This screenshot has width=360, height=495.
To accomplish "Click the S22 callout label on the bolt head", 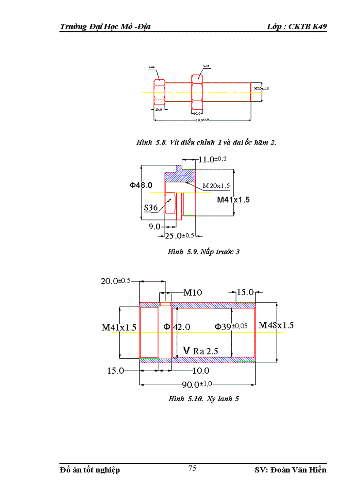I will (x=151, y=67).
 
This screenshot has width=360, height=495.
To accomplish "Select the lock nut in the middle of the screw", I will (x=197, y=92).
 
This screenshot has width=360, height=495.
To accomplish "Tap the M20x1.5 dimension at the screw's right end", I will (x=261, y=88).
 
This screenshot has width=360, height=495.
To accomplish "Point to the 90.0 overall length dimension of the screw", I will (x=202, y=120).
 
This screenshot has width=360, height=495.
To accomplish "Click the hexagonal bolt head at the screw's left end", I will (x=159, y=92).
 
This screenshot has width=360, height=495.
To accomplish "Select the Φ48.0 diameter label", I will (x=141, y=185).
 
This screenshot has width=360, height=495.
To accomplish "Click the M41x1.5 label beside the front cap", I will (x=233, y=200).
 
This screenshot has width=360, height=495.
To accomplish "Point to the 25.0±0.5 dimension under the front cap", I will (x=179, y=236).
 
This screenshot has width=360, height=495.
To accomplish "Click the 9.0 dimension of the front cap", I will (x=154, y=227).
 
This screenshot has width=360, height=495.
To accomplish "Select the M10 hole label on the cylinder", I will (x=192, y=292).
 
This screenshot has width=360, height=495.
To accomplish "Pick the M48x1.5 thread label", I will (x=276, y=325).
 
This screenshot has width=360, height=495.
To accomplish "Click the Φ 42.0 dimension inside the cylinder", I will (x=176, y=327).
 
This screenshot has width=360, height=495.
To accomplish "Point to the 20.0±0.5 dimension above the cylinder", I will (x=116, y=281).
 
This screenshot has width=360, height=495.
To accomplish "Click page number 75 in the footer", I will (x=192, y=469).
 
